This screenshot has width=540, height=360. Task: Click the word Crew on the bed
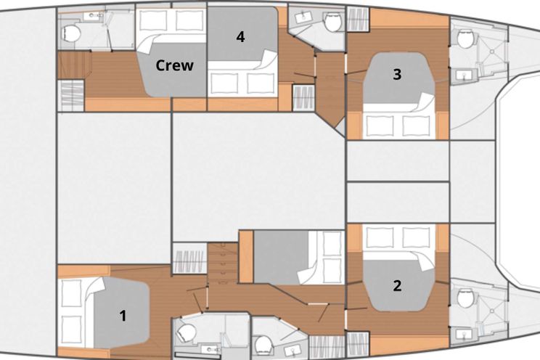point(175,65)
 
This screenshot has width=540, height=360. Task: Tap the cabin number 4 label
point(240,37)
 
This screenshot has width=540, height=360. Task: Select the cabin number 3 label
point(397,74)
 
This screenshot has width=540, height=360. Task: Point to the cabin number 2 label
point(397,285)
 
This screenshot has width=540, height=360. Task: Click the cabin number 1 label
point(123,316)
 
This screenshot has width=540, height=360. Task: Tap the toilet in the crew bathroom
point(71,33)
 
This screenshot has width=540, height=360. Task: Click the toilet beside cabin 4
point(332,22)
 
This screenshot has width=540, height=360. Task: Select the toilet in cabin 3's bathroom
point(466,38)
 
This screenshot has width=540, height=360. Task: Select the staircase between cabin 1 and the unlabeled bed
point(223,263)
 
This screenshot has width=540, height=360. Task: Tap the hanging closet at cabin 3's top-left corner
point(358,19)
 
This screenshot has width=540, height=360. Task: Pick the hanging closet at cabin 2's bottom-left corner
point(358,345)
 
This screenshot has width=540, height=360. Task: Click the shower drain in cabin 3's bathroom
point(493,52)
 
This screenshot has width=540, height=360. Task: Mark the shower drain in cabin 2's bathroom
point(493,311)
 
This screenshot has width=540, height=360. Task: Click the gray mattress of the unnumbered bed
point(281,258)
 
